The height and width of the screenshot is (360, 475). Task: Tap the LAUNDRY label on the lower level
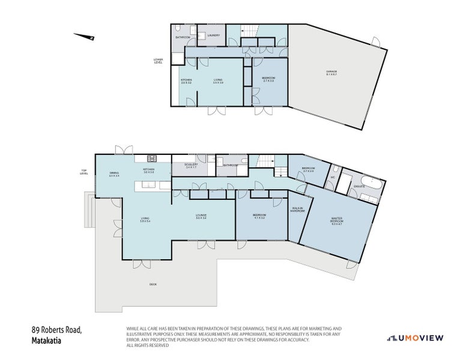pos(213,35)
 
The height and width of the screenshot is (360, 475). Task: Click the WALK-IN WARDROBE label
pos(298,210)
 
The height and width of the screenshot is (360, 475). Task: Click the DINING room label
pos(113,175)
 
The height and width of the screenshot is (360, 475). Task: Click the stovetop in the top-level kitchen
pos(152,158)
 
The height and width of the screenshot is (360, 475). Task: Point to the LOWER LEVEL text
pos(159,61)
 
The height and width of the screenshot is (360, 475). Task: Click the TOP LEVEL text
pos(85,172)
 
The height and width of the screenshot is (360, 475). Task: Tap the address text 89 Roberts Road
pos(56,330)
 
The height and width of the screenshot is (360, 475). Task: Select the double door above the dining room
pos(124,149)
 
